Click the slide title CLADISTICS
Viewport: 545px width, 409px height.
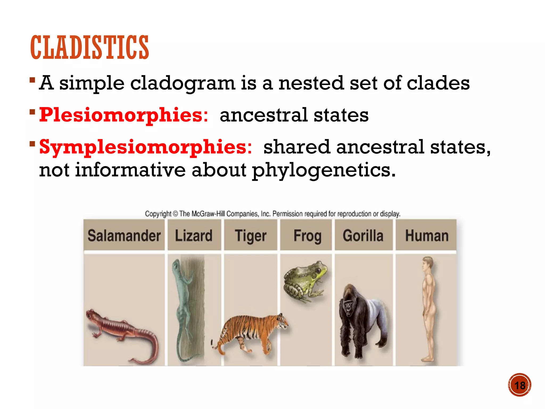89,47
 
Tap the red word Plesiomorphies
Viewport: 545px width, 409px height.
123,115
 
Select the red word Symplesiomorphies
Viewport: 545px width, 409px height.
145,147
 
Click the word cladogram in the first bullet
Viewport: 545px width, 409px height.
183,83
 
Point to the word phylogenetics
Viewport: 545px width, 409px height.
323,170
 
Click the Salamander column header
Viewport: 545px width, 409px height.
124,236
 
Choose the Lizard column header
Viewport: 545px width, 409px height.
194,236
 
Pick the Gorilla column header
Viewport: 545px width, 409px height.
363,236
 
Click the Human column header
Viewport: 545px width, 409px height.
427,236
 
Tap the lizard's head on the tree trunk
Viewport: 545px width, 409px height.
176,264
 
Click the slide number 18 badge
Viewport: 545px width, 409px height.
519,385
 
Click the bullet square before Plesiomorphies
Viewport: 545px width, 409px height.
32,111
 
